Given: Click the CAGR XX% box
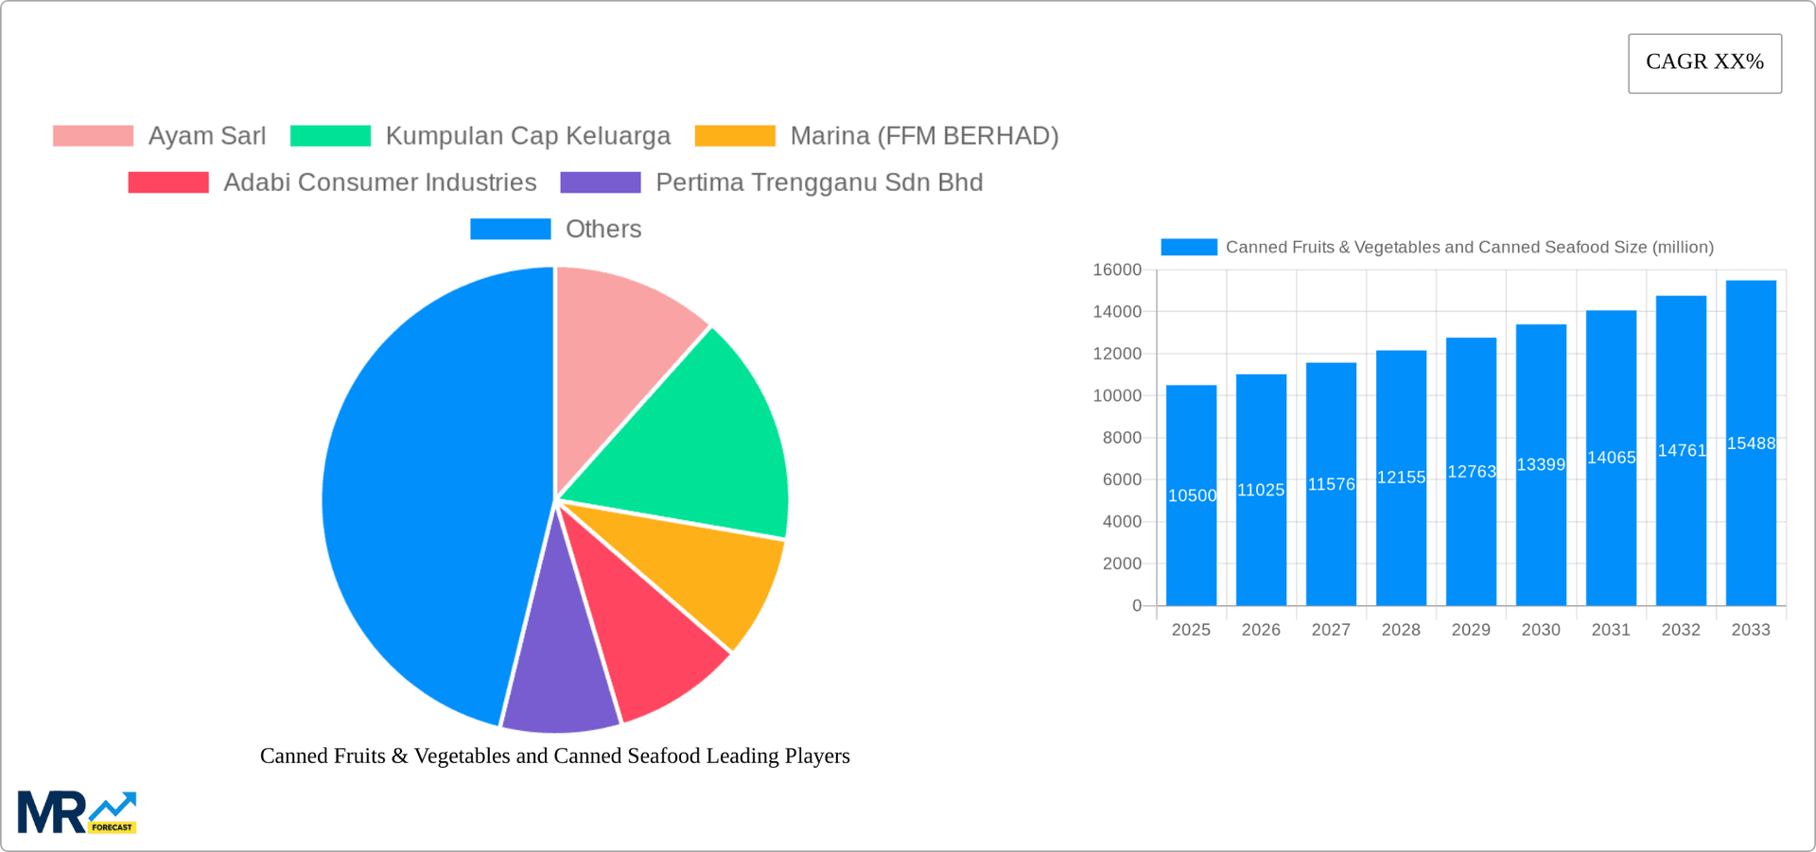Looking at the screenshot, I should [1704, 62].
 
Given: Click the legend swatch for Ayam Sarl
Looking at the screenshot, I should [93, 135].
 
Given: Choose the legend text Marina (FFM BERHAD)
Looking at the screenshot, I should [924, 135].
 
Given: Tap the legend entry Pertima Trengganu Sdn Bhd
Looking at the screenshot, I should [819, 182].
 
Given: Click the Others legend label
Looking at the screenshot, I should [603, 229].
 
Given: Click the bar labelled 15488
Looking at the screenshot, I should [1751, 443].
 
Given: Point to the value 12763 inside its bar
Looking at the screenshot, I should [1471, 471].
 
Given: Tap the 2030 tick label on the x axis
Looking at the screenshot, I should [1541, 630].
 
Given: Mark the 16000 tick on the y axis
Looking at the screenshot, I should [1117, 270].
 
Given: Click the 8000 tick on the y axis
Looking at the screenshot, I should [1122, 438].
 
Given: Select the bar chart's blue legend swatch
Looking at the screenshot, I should [1189, 247].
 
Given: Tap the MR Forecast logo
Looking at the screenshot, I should [77, 812].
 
